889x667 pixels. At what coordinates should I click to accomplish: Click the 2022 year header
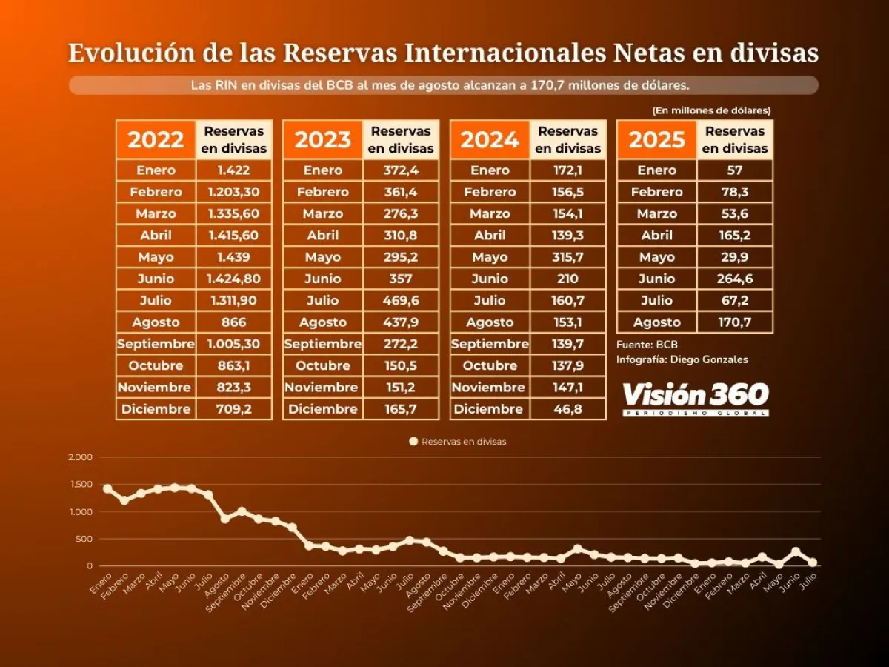point(156,139)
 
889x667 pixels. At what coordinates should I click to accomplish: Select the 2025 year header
point(656,139)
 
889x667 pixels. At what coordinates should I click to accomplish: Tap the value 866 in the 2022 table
point(233,322)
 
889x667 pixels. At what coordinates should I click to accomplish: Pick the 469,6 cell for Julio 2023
point(401,300)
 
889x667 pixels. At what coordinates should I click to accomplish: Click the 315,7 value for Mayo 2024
point(567,257)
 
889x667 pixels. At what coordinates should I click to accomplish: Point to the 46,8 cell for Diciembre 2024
point(567,409)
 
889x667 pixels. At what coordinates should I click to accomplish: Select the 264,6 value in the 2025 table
point(735,279)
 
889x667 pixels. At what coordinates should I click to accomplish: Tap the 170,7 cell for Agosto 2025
point(735,322)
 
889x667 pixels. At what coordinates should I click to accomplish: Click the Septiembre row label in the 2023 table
point(323,344)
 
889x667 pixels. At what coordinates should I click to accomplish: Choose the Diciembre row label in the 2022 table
point(156,409)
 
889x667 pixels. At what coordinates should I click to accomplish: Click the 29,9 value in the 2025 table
point(735,257)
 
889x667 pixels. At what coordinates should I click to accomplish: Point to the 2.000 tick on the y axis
point(79,457)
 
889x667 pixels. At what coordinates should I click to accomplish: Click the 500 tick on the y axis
point(84,539)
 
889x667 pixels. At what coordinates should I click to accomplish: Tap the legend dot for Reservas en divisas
point(413,442)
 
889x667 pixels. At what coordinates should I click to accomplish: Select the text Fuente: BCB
point(647,345)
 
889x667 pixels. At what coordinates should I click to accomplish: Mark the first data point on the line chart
point(107,489)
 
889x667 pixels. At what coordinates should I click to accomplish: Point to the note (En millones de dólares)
point(711,110)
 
